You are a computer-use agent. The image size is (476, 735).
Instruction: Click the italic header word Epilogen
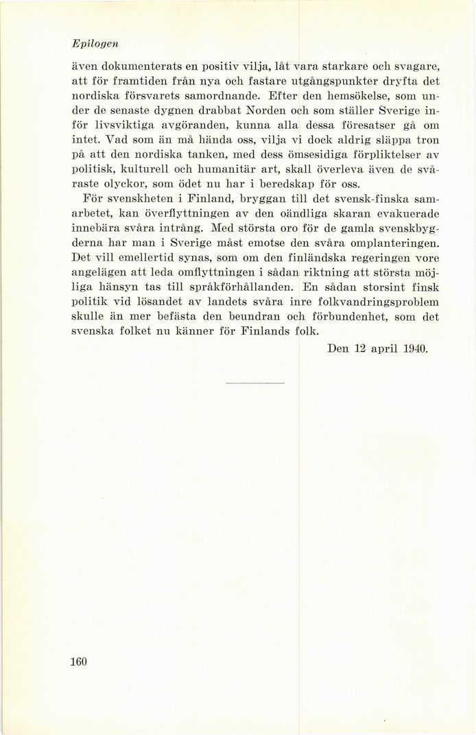tap(95, 43)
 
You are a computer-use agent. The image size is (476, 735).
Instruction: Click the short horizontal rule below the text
tap(254, 382)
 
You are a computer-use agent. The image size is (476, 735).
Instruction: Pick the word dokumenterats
tap(138, 67)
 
